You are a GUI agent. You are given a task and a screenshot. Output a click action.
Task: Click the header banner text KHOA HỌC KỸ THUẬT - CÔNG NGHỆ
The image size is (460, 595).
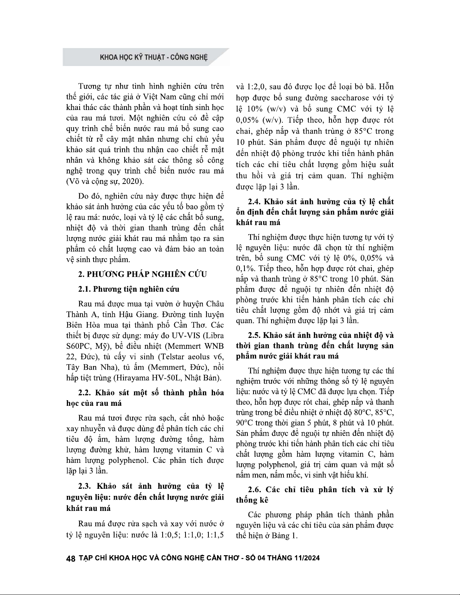click(154, 58)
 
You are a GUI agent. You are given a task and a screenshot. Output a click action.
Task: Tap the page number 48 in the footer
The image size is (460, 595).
click(70, 558)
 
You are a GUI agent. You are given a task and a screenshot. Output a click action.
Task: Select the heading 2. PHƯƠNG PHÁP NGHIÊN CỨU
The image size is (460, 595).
click(143, 274)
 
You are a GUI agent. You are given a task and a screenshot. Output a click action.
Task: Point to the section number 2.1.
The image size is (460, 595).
click(84, 289)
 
